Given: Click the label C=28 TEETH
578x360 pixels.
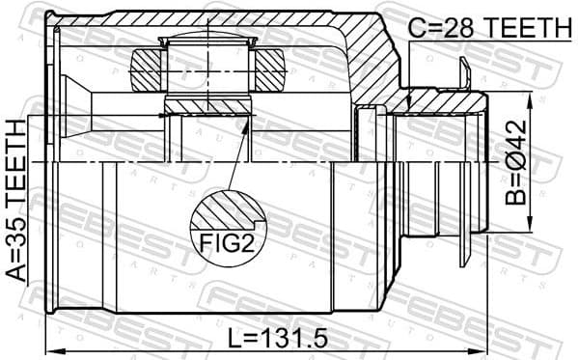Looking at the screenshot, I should pos(488,28).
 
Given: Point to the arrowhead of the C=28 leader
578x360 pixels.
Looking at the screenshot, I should pos(410,107).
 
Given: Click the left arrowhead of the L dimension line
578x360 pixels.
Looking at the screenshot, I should pos(50,350).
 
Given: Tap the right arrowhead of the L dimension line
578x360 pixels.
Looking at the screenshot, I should pos(482,350).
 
